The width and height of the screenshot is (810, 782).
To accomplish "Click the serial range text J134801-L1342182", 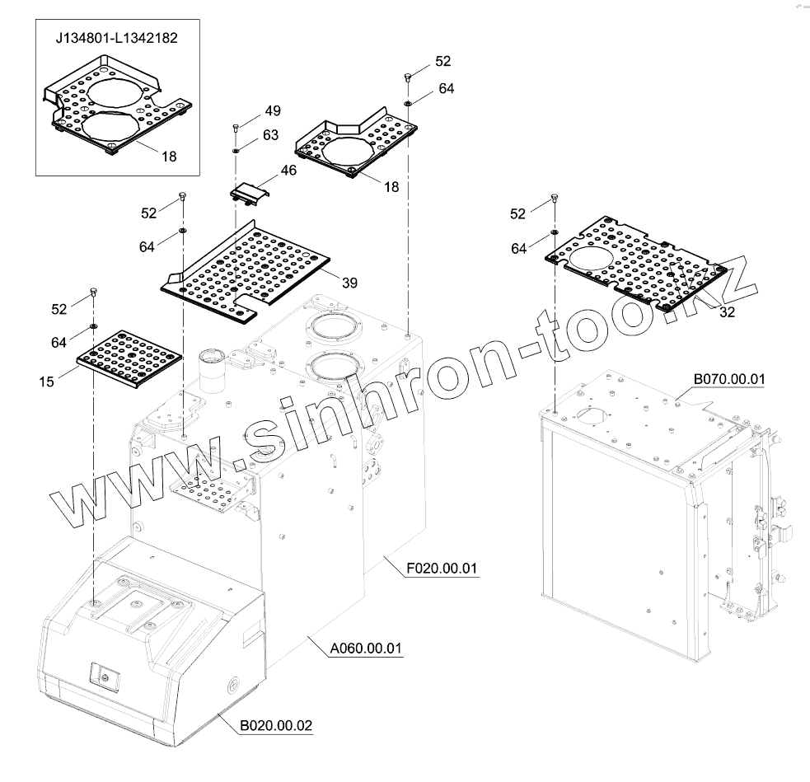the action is tap(116, 38).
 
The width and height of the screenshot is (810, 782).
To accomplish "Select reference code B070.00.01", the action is tap(729, 379).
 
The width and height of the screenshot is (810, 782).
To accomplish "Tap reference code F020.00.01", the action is tap(442, 569).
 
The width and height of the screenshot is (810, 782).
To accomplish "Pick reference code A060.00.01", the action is tap(365, 649).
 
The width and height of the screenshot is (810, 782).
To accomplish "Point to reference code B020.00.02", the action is tap(276, 726).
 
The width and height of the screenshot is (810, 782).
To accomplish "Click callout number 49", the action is tap(273, 111).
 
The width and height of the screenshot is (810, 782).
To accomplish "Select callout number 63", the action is tap(271, 135).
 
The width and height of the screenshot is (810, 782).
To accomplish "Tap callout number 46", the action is tap(288, 171).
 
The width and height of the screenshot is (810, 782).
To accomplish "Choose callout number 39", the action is tap(349, 283).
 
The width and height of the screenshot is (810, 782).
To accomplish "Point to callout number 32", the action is tap(727, 311).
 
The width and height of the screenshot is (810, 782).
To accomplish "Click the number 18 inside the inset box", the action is tap(169, 155).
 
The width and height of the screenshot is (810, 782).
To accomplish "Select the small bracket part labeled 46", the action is tap(248, 194).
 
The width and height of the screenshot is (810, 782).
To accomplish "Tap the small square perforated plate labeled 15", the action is tap(128, 360).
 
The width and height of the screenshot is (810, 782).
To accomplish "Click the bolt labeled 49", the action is tap(236, 128).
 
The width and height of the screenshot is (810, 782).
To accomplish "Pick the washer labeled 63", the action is tap(236, 151).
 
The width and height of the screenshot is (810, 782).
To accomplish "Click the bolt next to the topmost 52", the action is tap(407, 77).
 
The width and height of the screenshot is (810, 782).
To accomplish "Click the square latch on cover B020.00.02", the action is tap(105, 674).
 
